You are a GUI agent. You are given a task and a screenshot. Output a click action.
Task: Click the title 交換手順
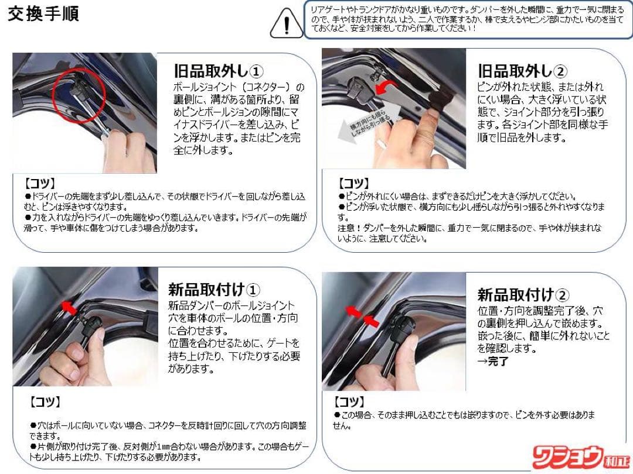[43, 13]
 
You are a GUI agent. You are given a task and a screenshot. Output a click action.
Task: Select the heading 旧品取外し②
[522, 71]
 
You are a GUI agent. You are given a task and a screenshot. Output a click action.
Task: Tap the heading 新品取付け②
[523, 294]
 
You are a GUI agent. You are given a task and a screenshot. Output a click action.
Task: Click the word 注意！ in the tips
[350, 228]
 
